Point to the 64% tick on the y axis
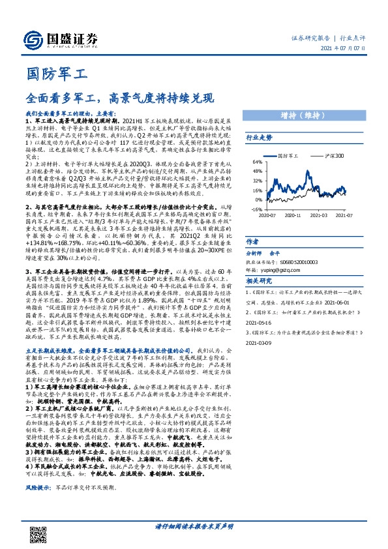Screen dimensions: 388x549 [258, 162]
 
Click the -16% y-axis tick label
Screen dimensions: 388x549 [257, 210]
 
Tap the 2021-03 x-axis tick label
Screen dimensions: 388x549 [318, 215]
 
